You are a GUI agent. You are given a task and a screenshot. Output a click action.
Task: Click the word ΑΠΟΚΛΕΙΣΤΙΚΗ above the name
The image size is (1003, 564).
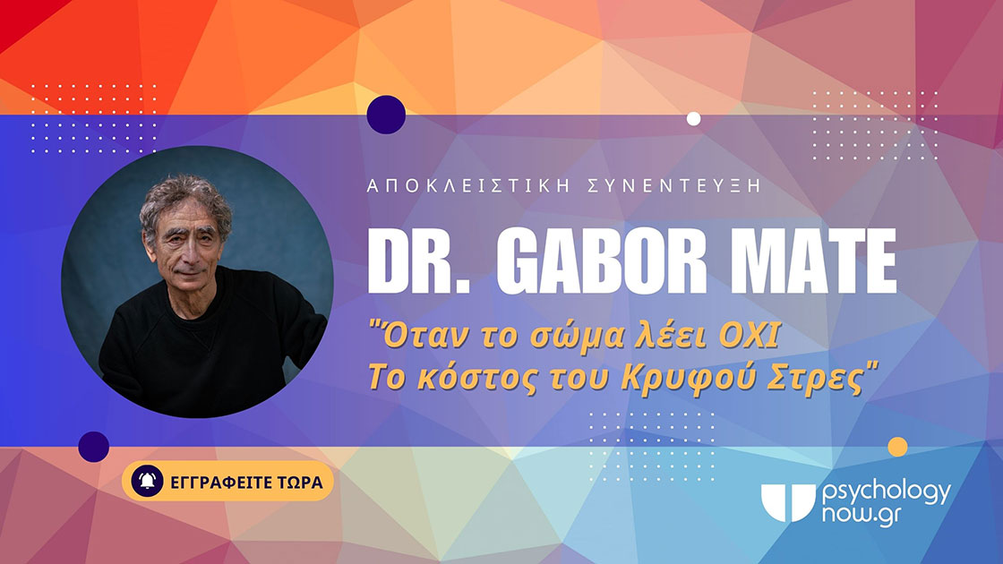coord(468,186)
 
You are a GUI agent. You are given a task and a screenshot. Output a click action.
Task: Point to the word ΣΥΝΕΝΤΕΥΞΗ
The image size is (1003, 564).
coord(673,186)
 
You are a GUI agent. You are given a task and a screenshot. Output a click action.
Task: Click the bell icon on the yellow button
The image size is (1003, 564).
coord(147,481)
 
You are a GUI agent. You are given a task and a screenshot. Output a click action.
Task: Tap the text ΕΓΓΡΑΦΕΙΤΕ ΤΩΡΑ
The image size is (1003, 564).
coord(246,482)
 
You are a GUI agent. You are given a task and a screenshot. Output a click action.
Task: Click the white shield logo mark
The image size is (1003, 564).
coord(787,502)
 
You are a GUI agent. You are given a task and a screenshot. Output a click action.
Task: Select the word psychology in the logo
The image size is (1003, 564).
coord(887,493)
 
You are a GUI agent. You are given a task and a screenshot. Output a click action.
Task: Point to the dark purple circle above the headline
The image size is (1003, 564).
coord(386,115)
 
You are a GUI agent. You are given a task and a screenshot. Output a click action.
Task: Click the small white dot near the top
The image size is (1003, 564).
coord(693,119)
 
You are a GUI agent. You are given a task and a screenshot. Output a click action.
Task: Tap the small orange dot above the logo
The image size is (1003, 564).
coord(897,447)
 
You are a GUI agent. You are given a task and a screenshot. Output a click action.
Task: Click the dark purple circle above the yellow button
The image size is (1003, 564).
coord(93,447)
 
